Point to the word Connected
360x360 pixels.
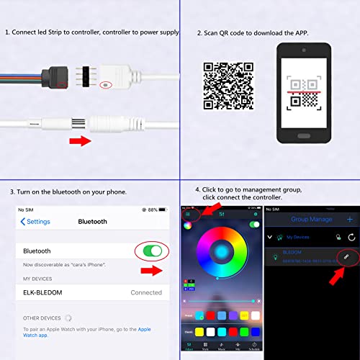point(146,292)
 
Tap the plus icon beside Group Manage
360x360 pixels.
point(350,219)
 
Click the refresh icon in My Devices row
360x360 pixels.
point(351,237)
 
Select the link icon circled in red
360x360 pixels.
point(346,256)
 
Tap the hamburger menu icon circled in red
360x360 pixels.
point(189,214)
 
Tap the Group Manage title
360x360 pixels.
point(311,219)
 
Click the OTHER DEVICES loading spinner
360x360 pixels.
point(68,317)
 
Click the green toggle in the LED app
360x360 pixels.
point(253,225)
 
